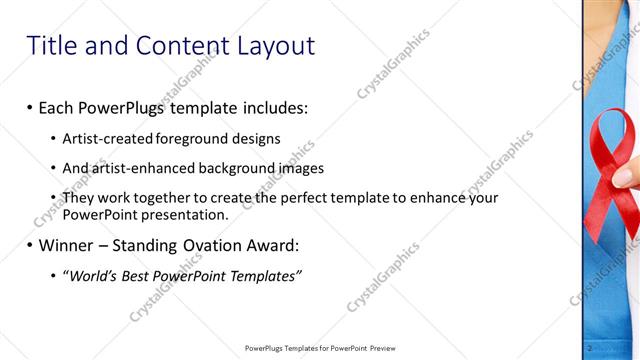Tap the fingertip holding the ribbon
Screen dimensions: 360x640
click(x=625, y=177)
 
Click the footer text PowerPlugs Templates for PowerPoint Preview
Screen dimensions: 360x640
click(x=320, y=348)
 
